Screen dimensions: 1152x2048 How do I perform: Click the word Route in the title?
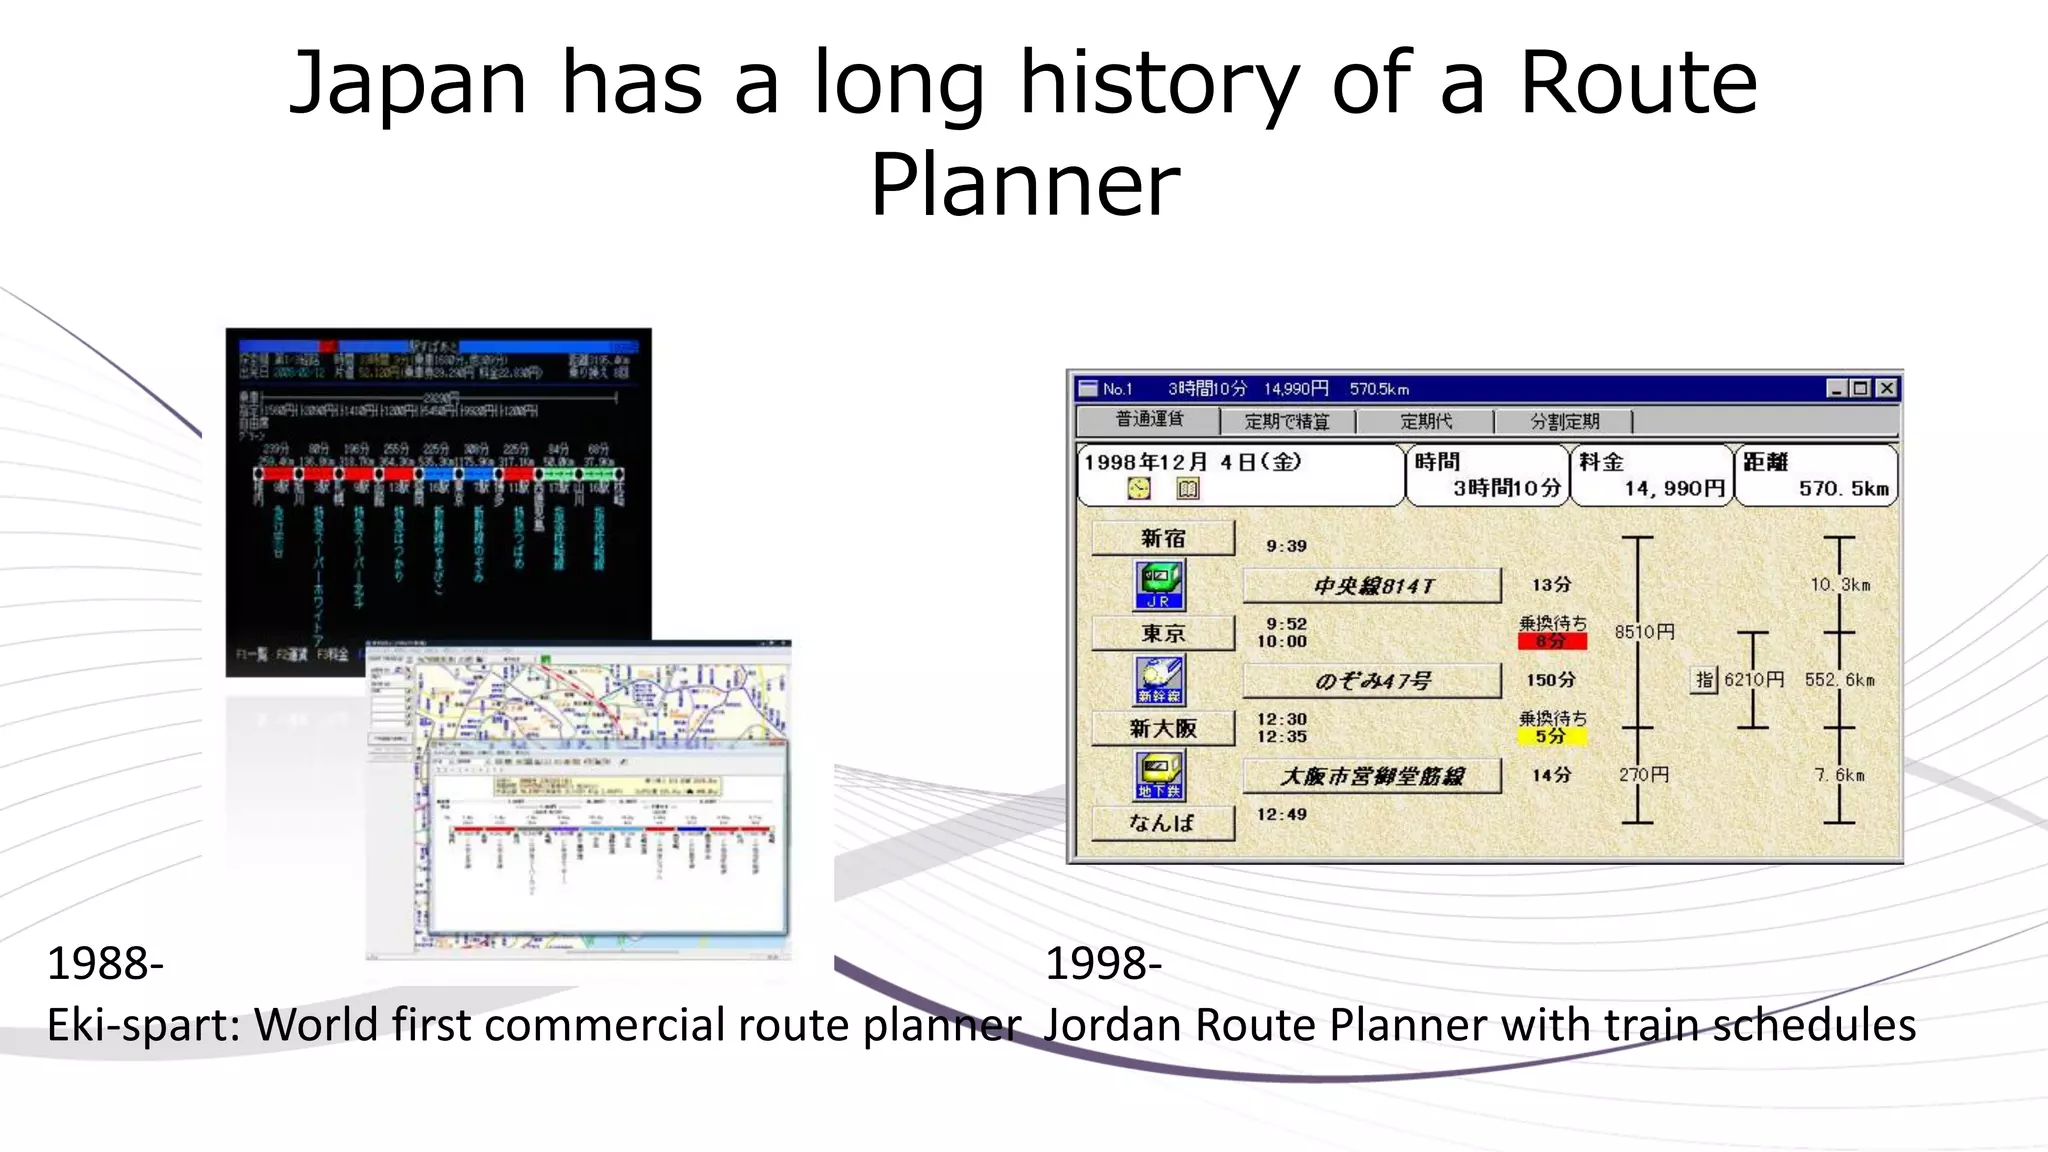(1637, 84)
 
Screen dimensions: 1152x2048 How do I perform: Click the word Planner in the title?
(1025, 186)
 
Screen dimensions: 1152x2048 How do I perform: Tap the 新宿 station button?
(1163, 538)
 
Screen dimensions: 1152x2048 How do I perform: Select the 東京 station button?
(1163, 633)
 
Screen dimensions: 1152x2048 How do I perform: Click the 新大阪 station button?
(1163, 728)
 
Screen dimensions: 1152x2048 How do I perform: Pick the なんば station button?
(1163, 823)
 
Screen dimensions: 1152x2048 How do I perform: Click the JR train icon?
(1159, 585)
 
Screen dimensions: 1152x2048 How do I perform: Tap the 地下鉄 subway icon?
(1159, 776)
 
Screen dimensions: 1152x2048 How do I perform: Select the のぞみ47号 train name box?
(1372, 681)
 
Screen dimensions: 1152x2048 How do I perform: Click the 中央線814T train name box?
(1372, 586)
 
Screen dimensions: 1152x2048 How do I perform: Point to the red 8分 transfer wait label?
(1552, 641)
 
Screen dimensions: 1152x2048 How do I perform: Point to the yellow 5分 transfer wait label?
(1552, 736)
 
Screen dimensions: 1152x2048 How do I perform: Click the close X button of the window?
(1886, 388)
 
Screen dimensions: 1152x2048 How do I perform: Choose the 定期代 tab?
(1426, 421)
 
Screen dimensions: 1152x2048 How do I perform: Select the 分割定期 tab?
(1564, 421)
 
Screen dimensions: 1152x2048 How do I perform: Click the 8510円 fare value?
(1644, 632)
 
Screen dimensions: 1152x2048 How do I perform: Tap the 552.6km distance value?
(1839, 680)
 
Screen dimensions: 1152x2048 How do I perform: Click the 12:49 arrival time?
(1282, 814)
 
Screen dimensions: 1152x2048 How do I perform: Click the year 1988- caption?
(105, 964)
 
